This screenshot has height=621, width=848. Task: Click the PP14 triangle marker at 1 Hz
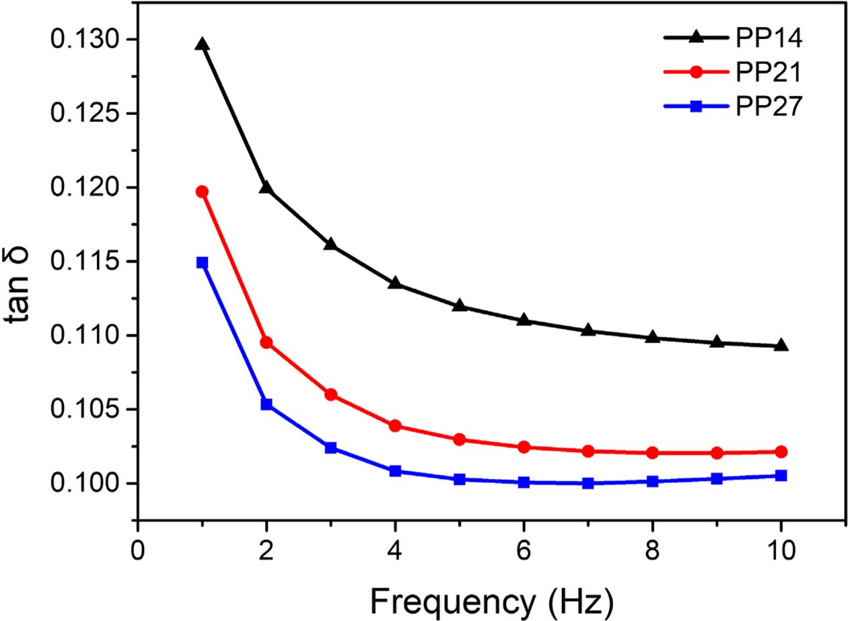202,44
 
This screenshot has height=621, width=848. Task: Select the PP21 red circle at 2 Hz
267,342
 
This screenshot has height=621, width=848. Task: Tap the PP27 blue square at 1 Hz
202,262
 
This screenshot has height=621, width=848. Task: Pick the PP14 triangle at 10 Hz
781,346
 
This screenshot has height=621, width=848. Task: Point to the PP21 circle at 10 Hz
781,451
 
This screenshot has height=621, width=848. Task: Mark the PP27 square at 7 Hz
588,483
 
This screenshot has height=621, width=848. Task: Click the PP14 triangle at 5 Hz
460,305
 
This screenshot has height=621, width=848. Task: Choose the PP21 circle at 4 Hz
395,426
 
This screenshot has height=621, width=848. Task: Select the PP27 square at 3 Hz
330,448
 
